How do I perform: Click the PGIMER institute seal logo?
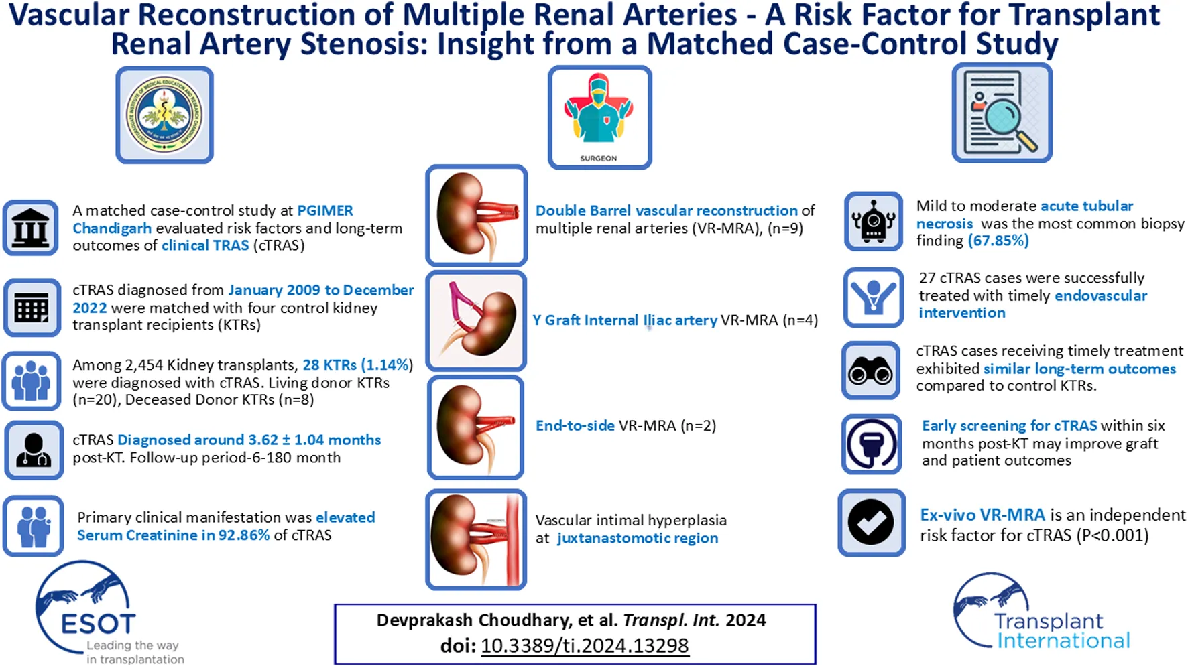pos(164,115)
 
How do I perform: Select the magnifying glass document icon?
pos(1002,113)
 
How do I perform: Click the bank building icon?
pos(31,228)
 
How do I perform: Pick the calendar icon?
pos(32,308)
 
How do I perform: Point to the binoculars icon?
pos(870,370)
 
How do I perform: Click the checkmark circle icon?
pos(871,523)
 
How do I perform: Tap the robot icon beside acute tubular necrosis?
pos(873,222)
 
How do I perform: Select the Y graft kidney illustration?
pos(476,321)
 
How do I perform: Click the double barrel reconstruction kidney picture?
pos(476,215)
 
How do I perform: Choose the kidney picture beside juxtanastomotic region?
pos(476,539)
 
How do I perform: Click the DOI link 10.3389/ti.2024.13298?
pos(584,645)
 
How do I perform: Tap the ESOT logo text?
pos(98,624)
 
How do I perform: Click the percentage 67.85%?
pos(998,241)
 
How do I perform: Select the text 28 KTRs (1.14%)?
pos(357,365)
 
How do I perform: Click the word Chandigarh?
pos(112,228)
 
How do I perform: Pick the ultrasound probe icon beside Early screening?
pos(872,444)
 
